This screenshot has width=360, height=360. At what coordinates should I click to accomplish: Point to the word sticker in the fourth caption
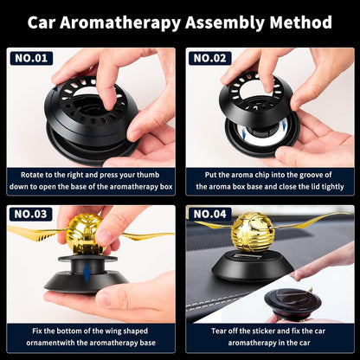(258, 331)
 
